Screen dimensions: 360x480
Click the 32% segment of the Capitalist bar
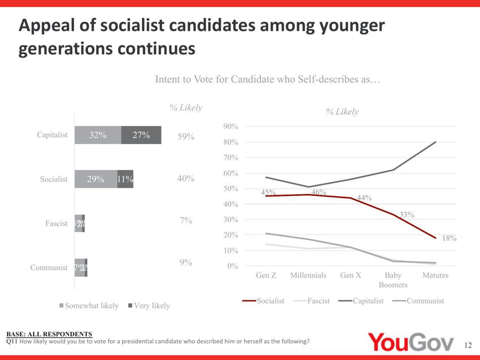click(x=98, y=135)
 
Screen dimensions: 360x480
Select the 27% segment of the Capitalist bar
click(x=141, y=135)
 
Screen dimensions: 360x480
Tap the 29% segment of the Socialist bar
click(x=96, y=179)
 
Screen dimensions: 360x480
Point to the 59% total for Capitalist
click(x=186, y=137)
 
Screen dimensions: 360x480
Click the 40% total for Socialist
click(x=186, y=179)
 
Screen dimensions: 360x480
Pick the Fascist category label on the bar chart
click(x=56, y=223)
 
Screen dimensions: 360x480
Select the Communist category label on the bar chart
click(x=49, y=268)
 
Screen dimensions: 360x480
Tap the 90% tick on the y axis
click(x=230, y=127)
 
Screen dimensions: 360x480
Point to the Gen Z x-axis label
click(x=266, y=276)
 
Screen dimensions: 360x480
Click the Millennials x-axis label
click(x=308, y=276)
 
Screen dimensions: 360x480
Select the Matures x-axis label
click(x=435, y=276)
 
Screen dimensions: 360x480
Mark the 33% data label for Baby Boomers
click(x=407, y=215)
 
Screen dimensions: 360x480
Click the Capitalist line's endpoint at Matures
click(x=436, y=142)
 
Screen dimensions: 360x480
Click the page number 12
click(x=467, y=345)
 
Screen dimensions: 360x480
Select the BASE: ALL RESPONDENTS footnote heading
click(x=49, y=334)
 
